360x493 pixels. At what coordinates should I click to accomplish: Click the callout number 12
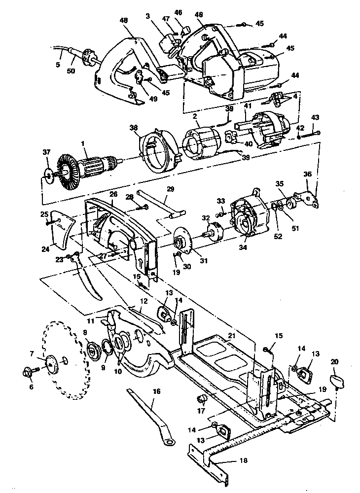pyautogui.click(x=144, y=300)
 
